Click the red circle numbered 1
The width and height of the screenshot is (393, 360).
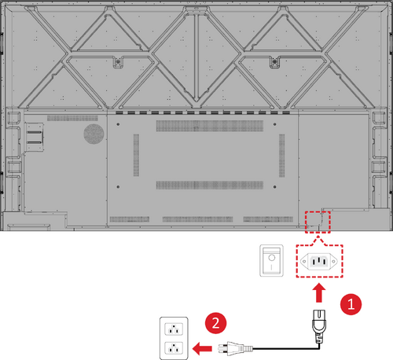[351, 304]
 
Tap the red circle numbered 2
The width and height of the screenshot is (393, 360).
[215, 323]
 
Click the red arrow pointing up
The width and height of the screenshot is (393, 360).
[319, 292]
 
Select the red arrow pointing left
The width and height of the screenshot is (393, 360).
[202, 348]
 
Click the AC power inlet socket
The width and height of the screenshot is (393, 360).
[319, 261]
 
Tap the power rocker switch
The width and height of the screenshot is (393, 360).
[271, 260]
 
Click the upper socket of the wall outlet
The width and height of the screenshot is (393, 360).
[174, 329]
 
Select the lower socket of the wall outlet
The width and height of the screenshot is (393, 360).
[174, 348]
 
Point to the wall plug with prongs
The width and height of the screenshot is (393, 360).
[235, 348]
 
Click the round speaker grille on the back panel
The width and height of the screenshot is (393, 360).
[94, 134]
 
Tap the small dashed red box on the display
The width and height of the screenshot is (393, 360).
[318, 222]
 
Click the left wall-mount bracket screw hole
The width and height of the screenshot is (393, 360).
[118, 62]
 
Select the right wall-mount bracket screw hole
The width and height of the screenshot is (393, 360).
[274, 62]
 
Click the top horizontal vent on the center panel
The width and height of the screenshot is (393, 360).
[210, 126]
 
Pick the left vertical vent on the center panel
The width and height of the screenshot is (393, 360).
[136, 155]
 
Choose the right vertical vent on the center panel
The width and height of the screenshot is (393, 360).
[282, 155]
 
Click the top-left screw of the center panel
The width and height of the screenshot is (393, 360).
[118, 124]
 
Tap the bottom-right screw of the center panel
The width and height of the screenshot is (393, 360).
[274, 187]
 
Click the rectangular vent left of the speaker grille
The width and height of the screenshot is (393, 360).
[72, 118]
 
